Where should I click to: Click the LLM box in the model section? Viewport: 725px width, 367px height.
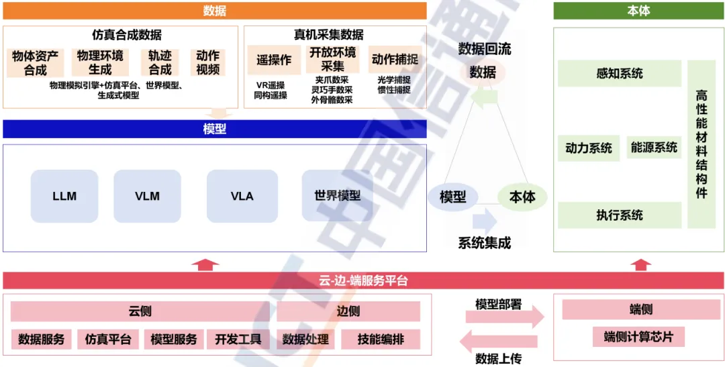tap(64, 196)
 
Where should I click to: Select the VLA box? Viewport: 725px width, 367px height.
tap(242, 196)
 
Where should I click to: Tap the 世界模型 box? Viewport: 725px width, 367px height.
tap(337, 196)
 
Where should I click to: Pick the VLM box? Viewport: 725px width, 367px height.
tap(147, 196)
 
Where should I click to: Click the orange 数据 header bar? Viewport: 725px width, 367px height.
tap(214, 11)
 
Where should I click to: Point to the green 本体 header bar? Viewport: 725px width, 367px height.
tap(638, 11)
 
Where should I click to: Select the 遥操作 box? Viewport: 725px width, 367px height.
tap(274, 60)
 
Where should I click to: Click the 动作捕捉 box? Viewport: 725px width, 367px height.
tap(394, 60)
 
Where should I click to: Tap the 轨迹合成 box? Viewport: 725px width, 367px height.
tap(160, 62)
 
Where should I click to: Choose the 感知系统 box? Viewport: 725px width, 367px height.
tap(619, 73)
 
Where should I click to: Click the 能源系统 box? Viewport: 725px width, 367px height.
tap(654, 148)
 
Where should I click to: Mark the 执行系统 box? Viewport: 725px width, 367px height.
tap(619, 215)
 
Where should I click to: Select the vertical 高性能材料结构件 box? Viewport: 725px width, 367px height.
tap(702, 144)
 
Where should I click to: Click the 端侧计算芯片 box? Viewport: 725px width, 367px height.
tap(638, 337)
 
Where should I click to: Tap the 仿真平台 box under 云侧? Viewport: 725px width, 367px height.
tap(107, 339)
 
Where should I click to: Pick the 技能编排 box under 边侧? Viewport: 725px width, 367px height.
tap(381, 339)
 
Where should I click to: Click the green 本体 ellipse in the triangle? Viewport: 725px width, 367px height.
tap(522, 197)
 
